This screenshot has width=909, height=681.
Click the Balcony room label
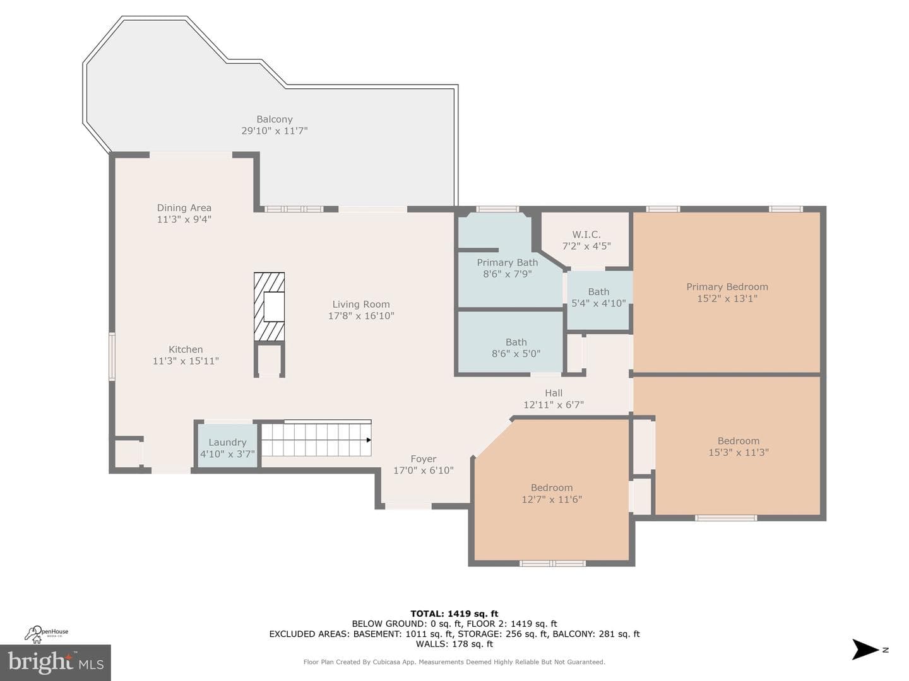pyautogui.click(x=275, y=119)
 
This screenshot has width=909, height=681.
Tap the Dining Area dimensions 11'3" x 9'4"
pyautogui.click(x=184, y=219)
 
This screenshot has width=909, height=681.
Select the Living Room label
pyautogui.click(x=361, y=305)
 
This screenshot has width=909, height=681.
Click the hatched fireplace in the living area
pyautogui.click(x=269, y=306)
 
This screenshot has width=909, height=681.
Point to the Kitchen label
pyautogui.click(x=186, y=349)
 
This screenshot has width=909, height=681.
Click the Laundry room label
pyautogui.click(x=227, y=443)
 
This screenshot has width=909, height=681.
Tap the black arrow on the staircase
pyautogui.click(x=369, y=440)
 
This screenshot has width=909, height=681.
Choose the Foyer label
pyautogui.click(x=423, y=459)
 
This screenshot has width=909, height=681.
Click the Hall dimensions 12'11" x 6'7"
pyautogui.click(x=554, y=404)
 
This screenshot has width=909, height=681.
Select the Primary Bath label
pyautogui.click(x=508, y=262)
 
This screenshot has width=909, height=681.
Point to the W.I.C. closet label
pyautogui.click(x=586, y=235)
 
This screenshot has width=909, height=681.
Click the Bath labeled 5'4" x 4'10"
pyautogui.click(x=599, y=297)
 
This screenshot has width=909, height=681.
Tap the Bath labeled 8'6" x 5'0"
pyautogui.click(x=516, y=347)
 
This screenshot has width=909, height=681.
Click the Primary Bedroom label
pyautogui.click(x=727, y=286)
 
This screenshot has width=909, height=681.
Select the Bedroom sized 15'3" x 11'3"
pyautogui.click(x=739, y=446)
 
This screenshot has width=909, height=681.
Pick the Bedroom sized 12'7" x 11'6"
pyautogui.click(x=552, y=493)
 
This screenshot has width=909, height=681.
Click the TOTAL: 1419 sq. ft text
pyautogui.click(x=454, y=614)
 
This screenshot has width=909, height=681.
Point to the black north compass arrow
pyautogui.click(x=865, y=649)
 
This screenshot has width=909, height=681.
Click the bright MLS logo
pyautogui.click(x=56, y=662)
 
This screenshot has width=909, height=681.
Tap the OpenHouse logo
pyautogui.click(x=46, y=634)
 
